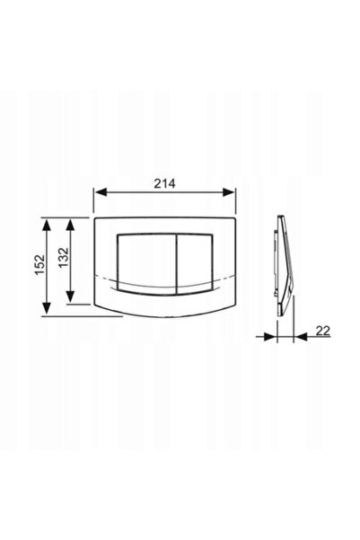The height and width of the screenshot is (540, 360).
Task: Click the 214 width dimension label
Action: point(164,183)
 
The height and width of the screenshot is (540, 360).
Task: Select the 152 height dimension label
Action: point(40,264)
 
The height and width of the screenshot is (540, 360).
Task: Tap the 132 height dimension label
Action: point(64,258)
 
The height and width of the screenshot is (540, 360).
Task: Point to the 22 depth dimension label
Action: point(323,331)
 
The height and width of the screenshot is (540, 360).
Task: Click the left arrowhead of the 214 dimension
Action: point(101,192)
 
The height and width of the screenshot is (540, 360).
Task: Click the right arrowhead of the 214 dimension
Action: point(229,192)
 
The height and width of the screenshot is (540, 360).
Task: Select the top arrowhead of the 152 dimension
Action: point(47,225)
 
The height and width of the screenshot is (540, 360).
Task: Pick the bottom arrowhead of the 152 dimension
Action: point(47,308)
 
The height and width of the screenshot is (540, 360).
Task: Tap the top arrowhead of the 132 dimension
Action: point(70,225)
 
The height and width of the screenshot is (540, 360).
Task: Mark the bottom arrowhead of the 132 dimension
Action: point(70,297)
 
